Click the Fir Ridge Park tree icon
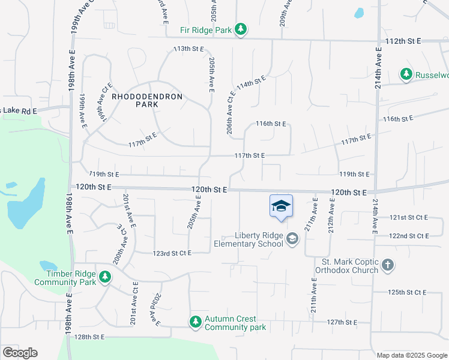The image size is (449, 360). point(241,29)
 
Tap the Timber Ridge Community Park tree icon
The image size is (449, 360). point(105,277)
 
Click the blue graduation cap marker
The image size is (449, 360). point(281,207)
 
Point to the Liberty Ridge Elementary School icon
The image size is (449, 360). point(292,239)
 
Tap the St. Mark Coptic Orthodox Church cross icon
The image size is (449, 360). point(388,265)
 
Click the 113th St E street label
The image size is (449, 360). point(188,48)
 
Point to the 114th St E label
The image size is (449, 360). point(251,83)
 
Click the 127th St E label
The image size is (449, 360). point(343,322)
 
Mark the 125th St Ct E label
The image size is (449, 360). point(408,292)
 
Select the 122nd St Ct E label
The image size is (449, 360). point(409,236)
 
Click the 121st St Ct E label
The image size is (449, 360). point(409,217)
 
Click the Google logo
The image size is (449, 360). point(20,353)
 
